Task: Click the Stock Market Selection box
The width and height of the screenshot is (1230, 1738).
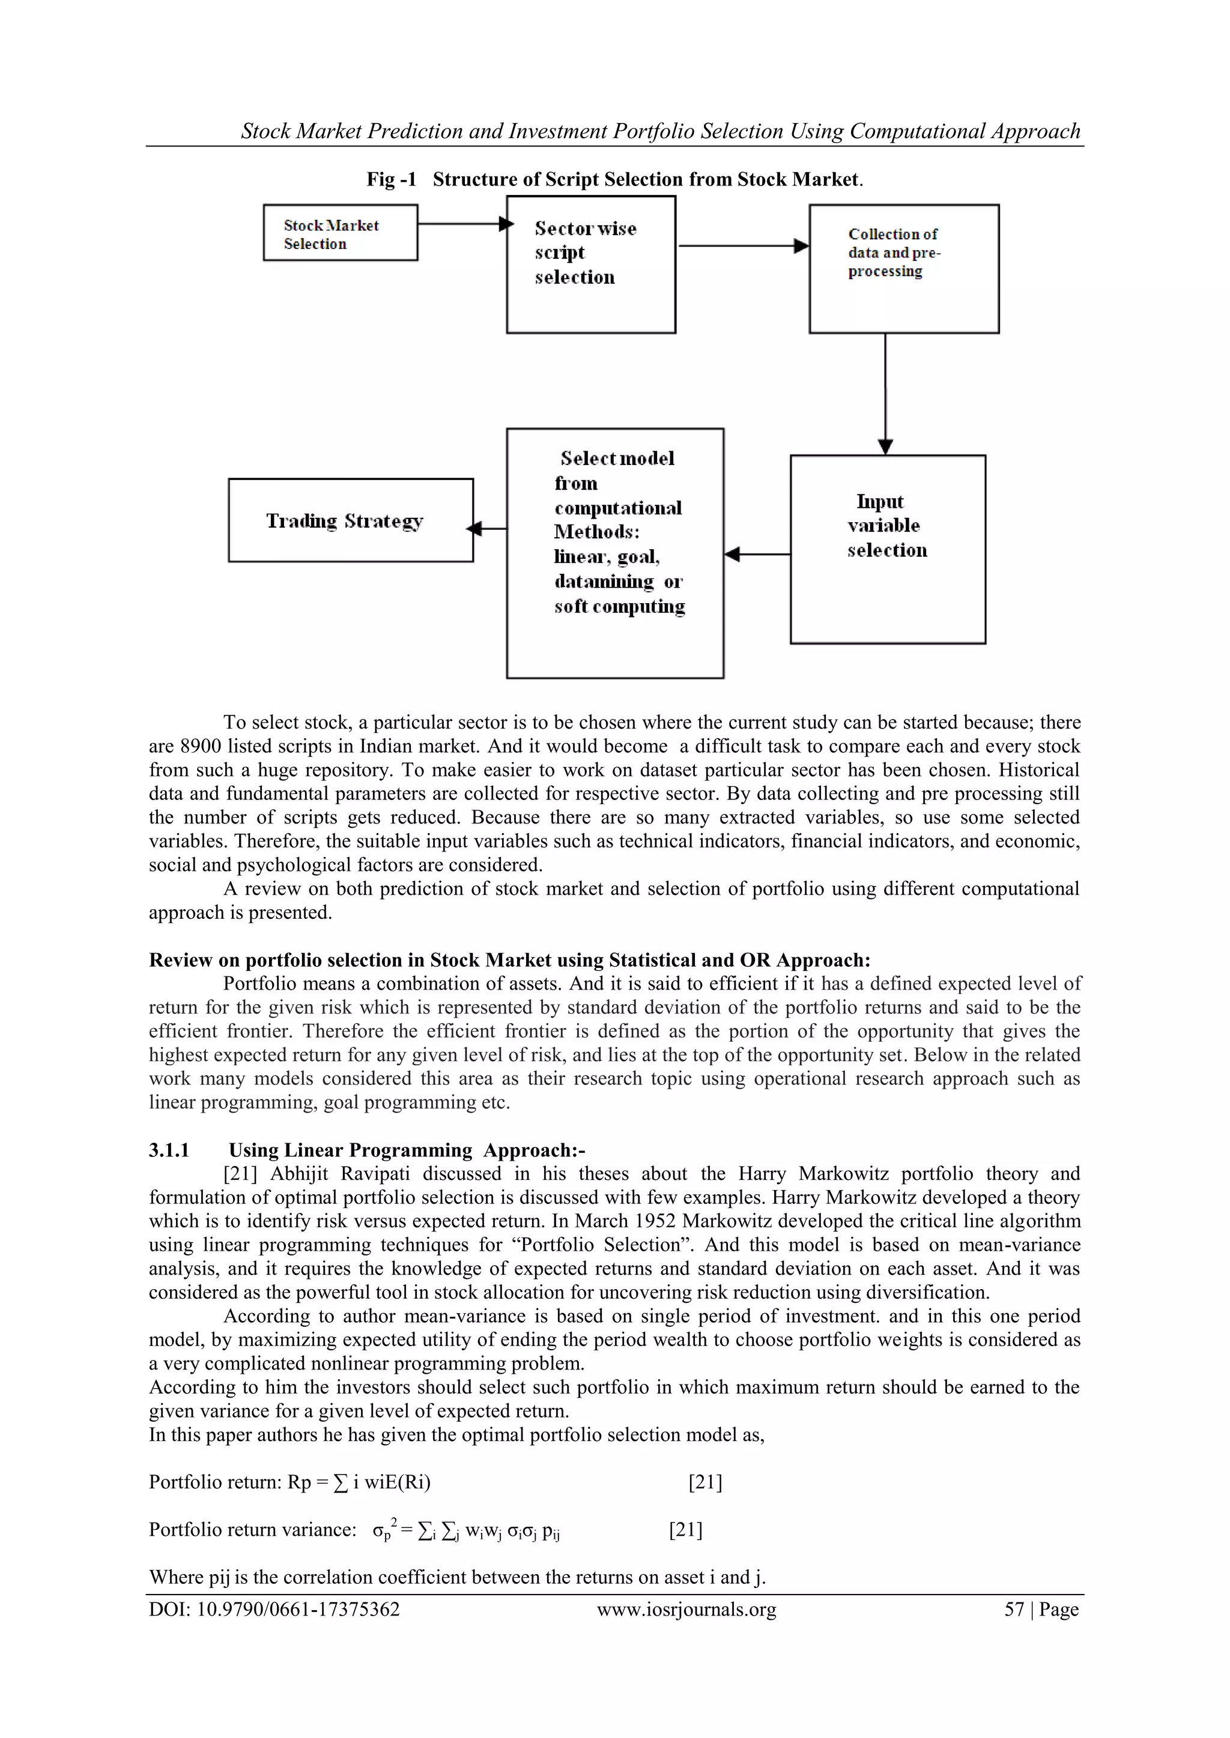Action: tap(340, 233)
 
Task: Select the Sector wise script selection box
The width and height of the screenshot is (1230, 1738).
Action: tap(591, 264)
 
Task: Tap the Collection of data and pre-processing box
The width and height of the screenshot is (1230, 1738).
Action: tap(903, 269)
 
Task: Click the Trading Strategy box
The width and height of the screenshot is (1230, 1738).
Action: tap(351, 520)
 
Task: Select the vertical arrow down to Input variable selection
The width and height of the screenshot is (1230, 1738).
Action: tap(885, 394)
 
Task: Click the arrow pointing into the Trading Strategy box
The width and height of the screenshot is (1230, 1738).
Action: tap(487, 528)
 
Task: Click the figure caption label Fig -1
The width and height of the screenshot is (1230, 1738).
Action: tap(391, 179)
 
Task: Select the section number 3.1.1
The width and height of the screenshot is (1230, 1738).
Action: tap(169, 1150)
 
